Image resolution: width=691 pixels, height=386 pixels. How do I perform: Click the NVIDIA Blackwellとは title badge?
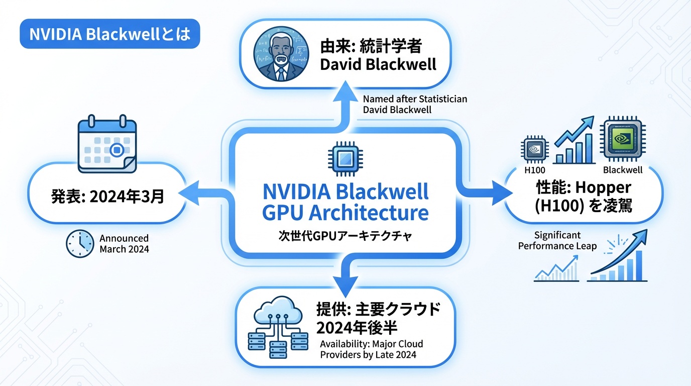tap(110, 34)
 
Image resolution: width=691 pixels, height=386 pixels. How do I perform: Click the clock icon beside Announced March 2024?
tap(80, 244)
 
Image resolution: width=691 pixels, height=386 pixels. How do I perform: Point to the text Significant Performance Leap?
tap(557, 241)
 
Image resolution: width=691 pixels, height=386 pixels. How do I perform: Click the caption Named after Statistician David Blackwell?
tap(415, 104)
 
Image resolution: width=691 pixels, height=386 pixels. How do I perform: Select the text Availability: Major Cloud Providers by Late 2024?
tap(372, 349)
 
